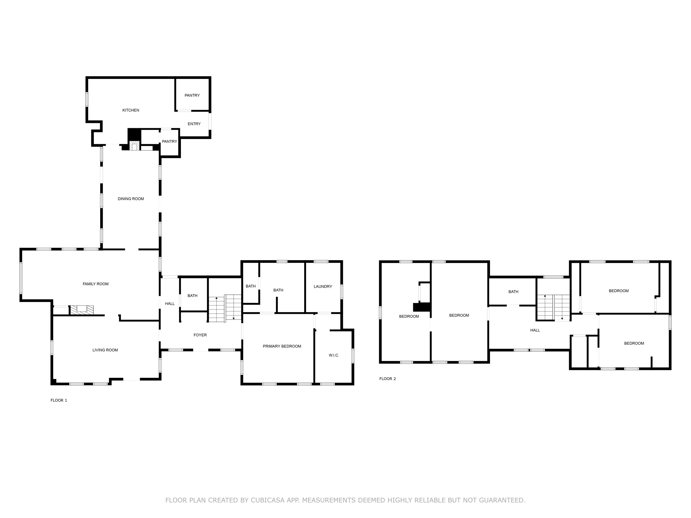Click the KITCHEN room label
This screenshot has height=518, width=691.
[x=131, y=110]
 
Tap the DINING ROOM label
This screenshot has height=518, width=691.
[x=131, y=199]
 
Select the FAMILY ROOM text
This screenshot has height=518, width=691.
[x=95, y=284]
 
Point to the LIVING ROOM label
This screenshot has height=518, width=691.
[x=105, y=350]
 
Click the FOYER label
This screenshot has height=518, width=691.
[x=200, y=335]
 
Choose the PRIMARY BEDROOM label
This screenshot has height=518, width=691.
[x=282, y=346]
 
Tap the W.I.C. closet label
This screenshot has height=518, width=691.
[x=334, y=355]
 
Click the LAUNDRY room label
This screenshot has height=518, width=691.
[x=323, y=286]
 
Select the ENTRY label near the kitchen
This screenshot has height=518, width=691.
[x=194, y=124]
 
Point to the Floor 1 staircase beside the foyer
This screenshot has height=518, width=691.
[x=225, y=308]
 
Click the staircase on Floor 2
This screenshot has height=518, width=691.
[x=553, y=307]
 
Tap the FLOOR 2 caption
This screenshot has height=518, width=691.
[x=387, y=379]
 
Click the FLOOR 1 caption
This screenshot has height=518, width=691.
[x=59, y=400]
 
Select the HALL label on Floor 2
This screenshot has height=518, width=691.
[x=535, y=330]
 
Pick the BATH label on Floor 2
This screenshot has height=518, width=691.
[x=513, y=292]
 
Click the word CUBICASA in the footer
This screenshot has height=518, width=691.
[x=267, y=500]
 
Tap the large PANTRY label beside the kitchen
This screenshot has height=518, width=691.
[x=192, y=95]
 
